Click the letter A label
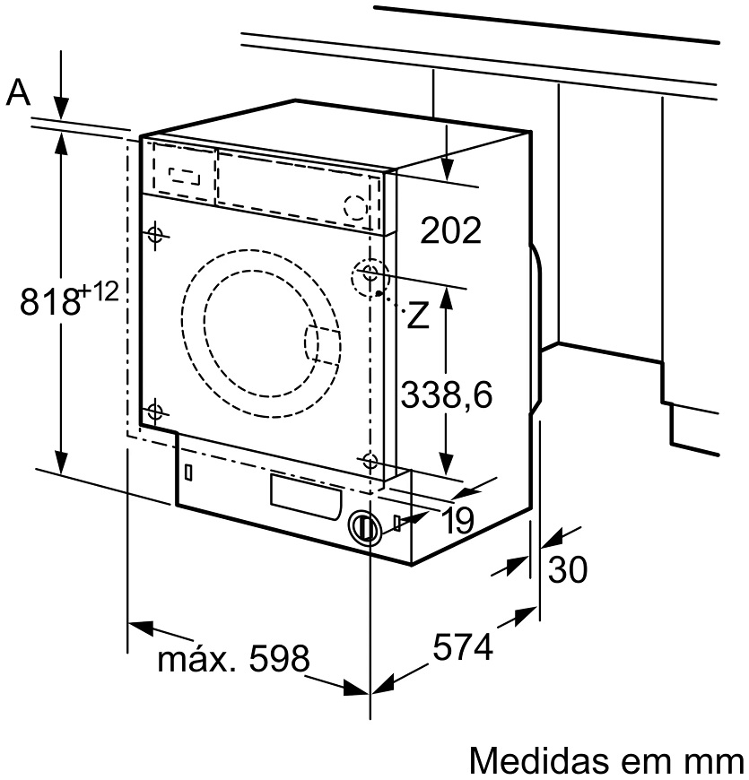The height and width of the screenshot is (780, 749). pyautogui.click(x=19, y=93)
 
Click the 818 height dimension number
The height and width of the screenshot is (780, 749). pyautogui.click(x=49, y=301)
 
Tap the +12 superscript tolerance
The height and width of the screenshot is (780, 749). pyautogui.click(x=100, y=291)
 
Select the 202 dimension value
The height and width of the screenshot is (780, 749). pyautogui.click(x=451, y=230)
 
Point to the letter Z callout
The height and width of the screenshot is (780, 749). pyautogui.click(x=417, y=315)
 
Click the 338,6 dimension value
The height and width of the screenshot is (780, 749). pyautogui.click(x=447, y=394)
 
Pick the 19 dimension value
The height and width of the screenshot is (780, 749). pyautogui.click(x=457, y=521)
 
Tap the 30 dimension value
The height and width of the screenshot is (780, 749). pyautogui.click(x=568, y=570)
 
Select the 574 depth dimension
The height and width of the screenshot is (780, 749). pyautogui.click(x=463, y=646)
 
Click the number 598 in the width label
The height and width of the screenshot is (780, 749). pyautogui.click(x=279, y=658)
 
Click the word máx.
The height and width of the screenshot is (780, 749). pyautogui.click(x=196, y=659)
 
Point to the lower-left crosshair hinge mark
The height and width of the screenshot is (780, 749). pyautogui.click(x=155, y=412)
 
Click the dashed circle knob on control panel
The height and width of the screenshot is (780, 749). pyautogui.click(x=356, y=206)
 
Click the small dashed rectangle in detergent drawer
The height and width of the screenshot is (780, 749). pyautogui.click(x=185, y=176)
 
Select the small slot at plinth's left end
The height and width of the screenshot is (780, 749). pyautogui.click(x=188, y=472)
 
